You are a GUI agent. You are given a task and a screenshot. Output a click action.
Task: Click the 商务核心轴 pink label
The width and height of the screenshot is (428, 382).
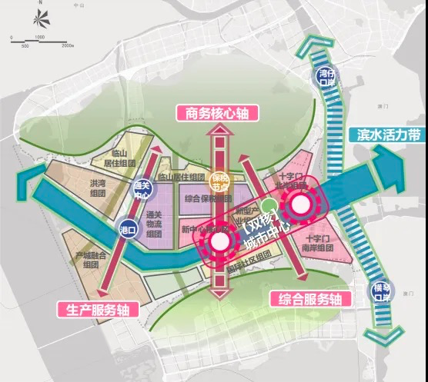(217, 113)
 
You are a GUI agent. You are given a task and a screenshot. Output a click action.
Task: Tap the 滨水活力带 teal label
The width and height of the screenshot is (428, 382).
(388, 134)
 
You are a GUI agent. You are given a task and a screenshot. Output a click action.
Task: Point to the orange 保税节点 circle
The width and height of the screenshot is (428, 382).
(220, 181)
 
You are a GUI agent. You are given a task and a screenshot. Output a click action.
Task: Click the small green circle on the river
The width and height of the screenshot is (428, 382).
(266, 206)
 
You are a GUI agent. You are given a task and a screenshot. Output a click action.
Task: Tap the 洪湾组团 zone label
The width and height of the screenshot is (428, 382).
(98, 188)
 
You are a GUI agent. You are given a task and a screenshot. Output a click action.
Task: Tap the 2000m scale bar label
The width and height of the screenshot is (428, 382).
(66, 45)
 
